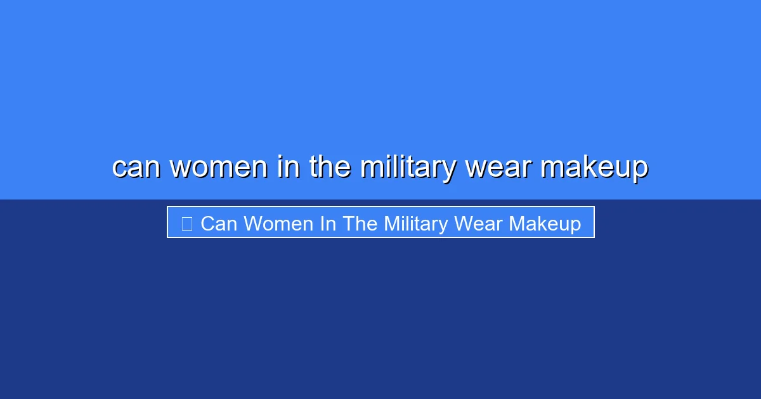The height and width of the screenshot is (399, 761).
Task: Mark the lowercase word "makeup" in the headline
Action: pyautogui.click(x=594, y=167)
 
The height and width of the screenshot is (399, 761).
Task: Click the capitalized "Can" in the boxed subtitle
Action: pyautogui.click(x=219, y=224)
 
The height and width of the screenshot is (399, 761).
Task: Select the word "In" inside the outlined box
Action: pyautogui.click(x=328, y=224)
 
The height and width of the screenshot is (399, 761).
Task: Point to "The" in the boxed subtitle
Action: pyautogui.click(x=360, y=224)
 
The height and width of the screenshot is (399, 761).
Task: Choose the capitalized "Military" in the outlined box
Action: pyautogui.click(x=415, y=224)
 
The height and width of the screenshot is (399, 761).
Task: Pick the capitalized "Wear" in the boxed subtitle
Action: pyautogui.click(x=481, y=224)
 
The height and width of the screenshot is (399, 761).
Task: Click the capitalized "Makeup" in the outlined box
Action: pyautogui.click(x=545, y=224)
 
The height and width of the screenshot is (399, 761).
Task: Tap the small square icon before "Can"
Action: pyautogui.click(x=186, y=224)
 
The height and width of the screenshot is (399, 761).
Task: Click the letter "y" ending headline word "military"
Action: pyautogui.click(x=449, y=170)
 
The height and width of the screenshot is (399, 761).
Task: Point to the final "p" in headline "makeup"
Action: pyautogui.click(x=639, y=170)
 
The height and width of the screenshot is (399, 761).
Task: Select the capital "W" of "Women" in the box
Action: pyautogui.click(x=252, y=224)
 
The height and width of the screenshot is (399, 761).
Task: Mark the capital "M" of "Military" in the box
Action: pyautogui.click(x=391, y=224)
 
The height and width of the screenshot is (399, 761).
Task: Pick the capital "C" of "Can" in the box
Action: pyautogui.click(x=207, y=224)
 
